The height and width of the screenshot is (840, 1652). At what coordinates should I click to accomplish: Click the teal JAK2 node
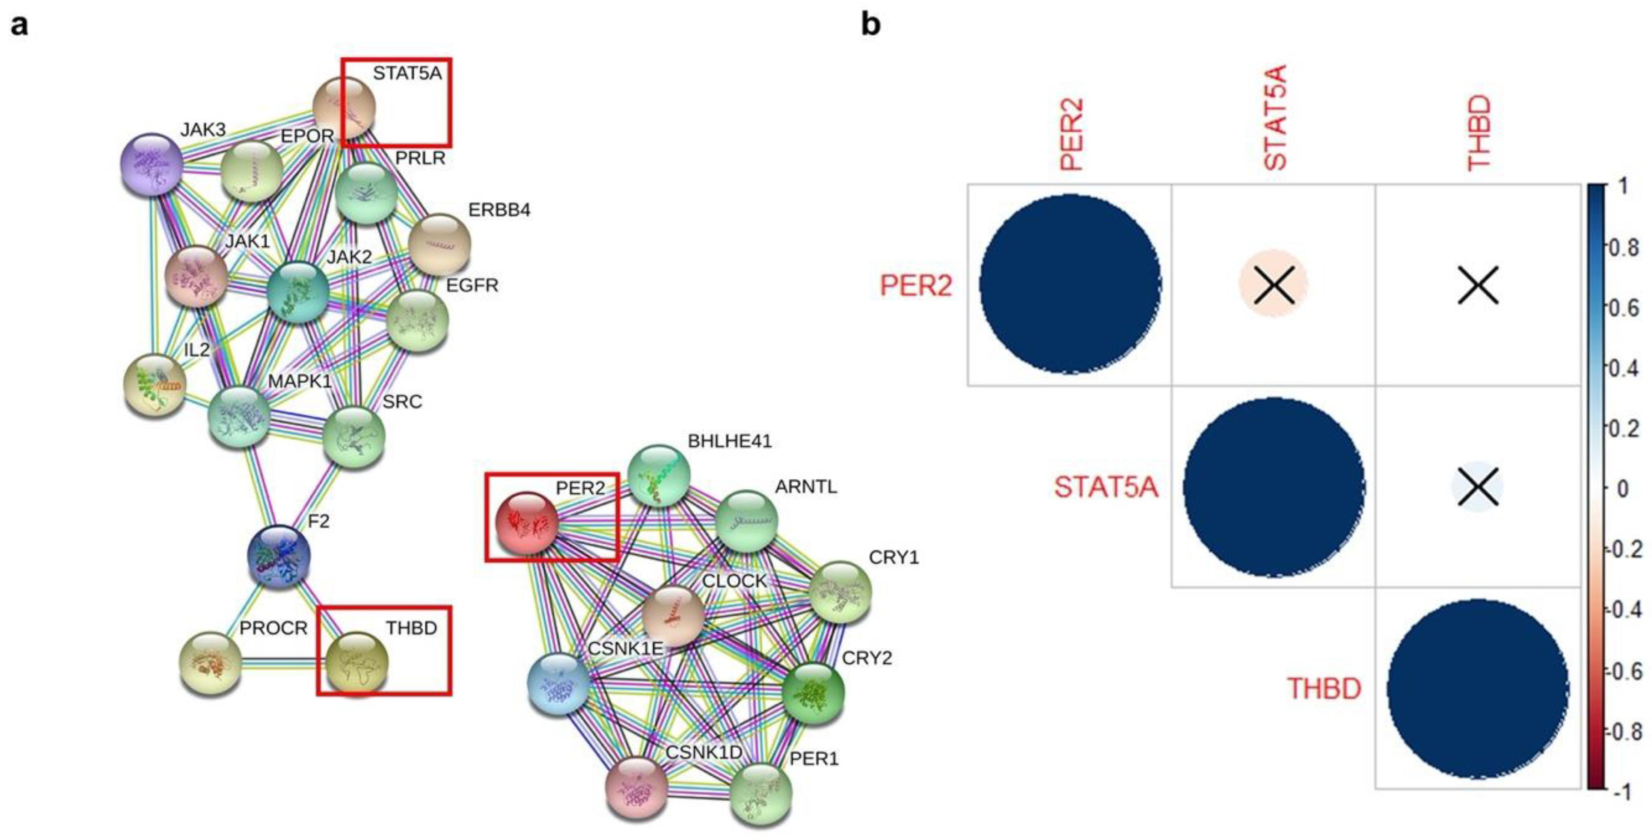pos(298,292)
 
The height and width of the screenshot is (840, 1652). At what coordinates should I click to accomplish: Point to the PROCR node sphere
pos(211,663)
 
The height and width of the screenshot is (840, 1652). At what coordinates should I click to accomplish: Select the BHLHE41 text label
pos(729,441)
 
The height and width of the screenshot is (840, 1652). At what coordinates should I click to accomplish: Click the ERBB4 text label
pos(499,210)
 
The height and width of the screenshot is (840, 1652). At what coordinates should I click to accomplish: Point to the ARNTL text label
pos(806,487)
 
